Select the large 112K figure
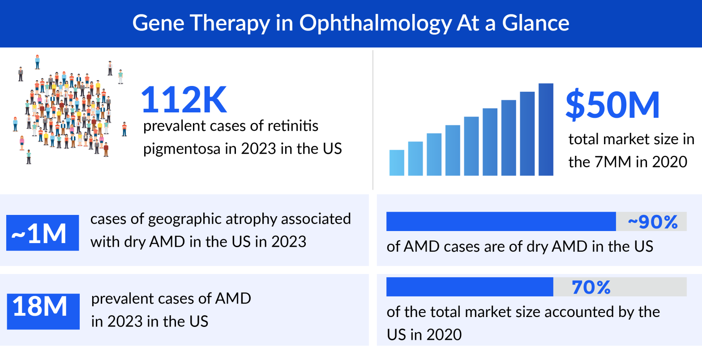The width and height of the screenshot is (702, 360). pyautogui.click(x=184, y=100)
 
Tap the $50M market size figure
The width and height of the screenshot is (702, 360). pyautogui.click(x=612, y=105)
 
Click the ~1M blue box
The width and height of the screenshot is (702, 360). pyautogui.click(x=43, y=233)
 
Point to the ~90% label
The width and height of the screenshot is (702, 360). pyautogui.click(x=652, y=222)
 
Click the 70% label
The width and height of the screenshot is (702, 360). pyautogui.click(x=591, y=287)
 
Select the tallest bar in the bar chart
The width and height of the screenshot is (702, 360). pyautogui.click(x=546, y=129)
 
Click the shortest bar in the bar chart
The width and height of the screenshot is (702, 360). pyautogui.click(x=397, y=163)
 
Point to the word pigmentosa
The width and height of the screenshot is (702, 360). pyautogui.click(x=182, y=149)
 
